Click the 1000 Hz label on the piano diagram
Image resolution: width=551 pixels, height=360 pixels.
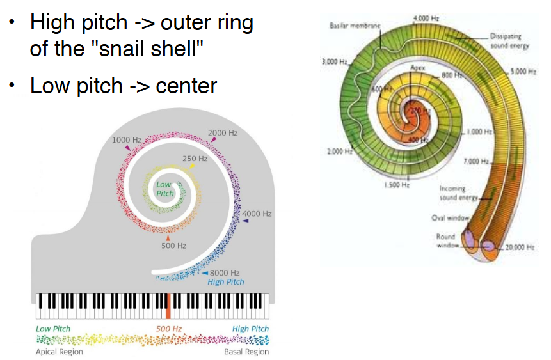click(127, 139)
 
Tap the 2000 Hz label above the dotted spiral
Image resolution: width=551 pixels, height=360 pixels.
click(222, 133)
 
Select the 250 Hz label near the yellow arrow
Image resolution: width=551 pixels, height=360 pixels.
click(195, 158)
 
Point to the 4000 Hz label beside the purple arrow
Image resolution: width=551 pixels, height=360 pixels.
click(257, 214)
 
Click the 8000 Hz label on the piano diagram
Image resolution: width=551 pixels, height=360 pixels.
click(225, 273)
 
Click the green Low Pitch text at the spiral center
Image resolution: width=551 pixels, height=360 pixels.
click(165, 189)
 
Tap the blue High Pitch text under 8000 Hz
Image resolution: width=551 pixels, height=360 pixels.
click(226, 282)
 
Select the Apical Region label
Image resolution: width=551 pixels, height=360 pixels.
click(59, 352)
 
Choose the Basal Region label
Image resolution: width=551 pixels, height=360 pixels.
click(246, 352)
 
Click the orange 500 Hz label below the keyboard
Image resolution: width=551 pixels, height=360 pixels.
click(170, 329)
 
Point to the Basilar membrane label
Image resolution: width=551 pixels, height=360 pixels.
click(355, 26)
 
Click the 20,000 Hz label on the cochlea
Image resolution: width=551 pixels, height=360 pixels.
click(520, 247)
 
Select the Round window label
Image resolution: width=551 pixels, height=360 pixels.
click(446, 241)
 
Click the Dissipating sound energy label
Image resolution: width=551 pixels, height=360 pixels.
click(509, 42)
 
